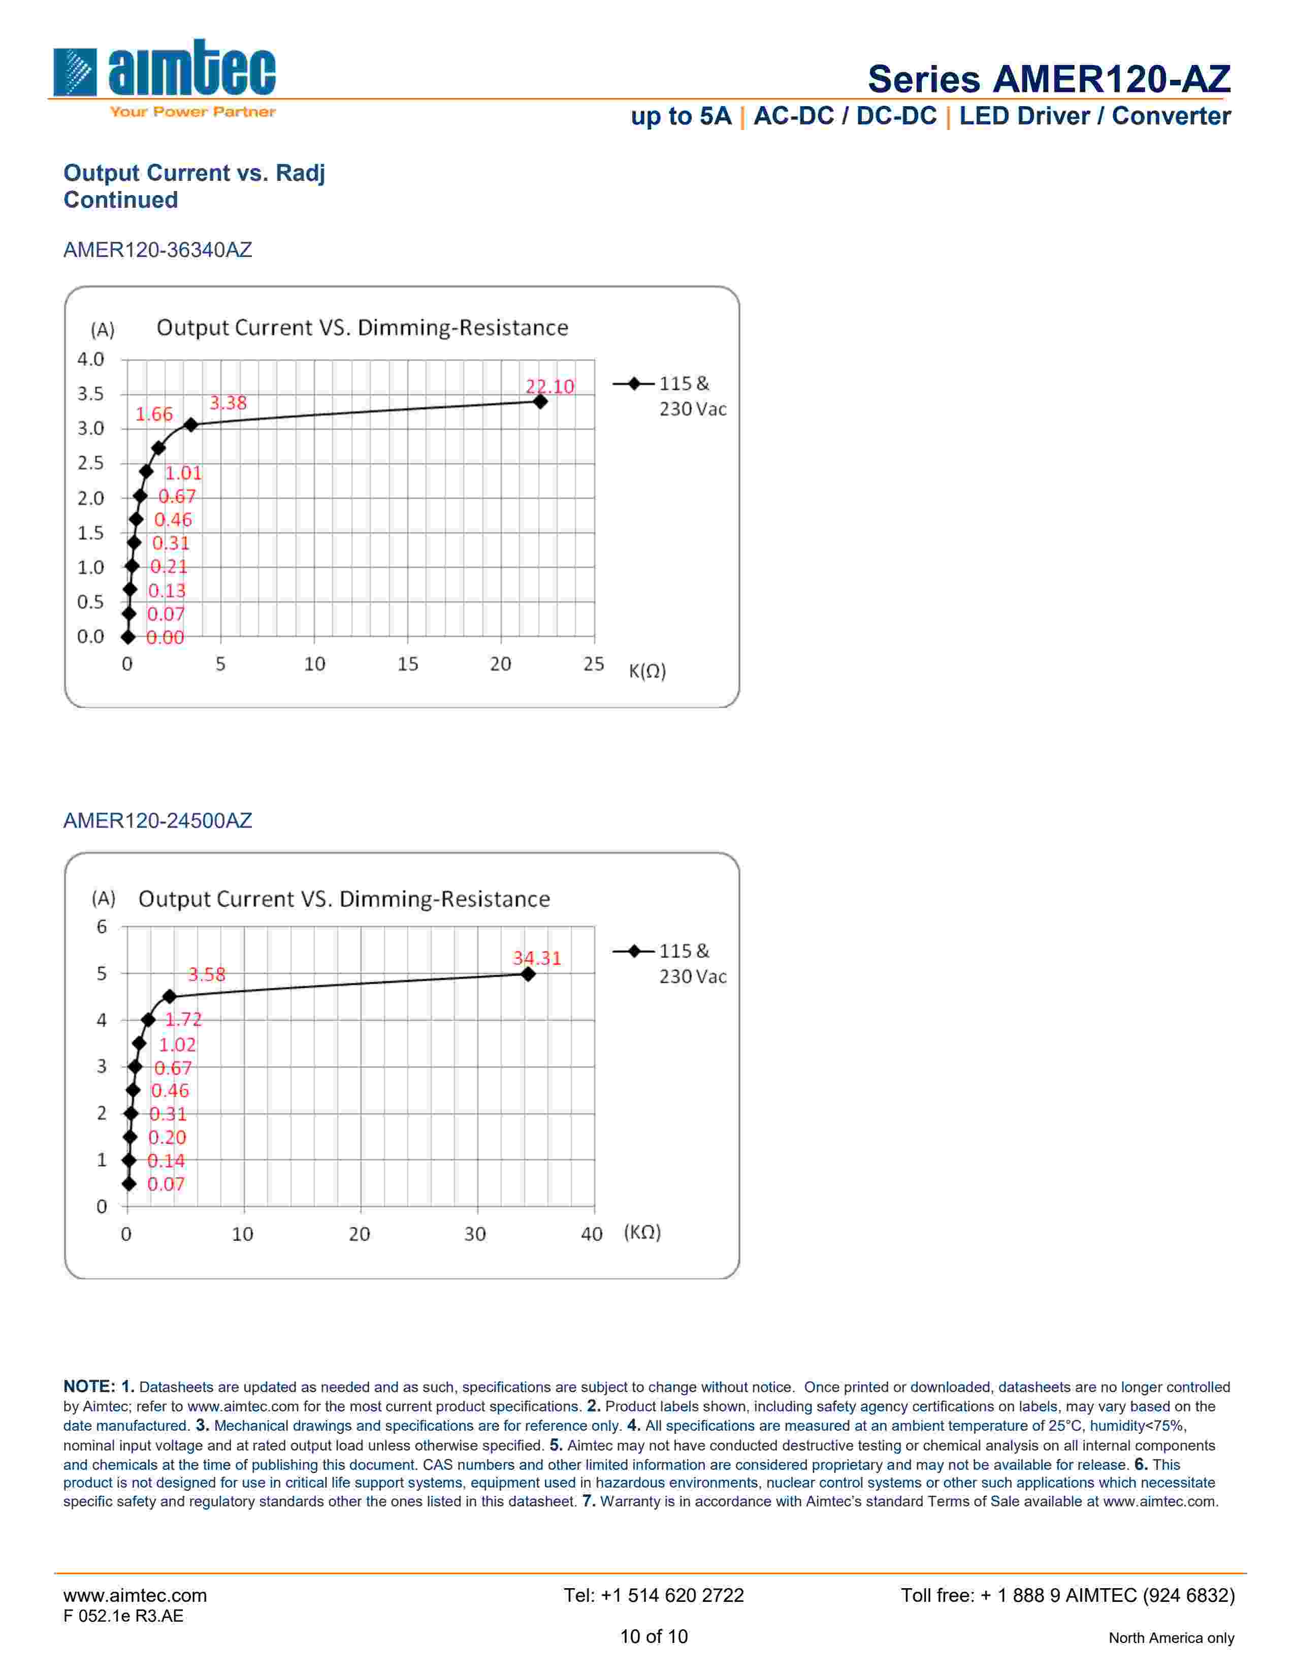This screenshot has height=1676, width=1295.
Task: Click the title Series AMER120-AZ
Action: point(1048,79)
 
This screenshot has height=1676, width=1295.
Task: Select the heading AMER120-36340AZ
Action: point(157,250)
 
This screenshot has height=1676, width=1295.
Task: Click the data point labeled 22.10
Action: point(540,401)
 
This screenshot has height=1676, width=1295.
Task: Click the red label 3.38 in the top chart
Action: point(228,403)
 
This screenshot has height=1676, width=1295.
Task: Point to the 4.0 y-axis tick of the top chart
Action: point(90,359)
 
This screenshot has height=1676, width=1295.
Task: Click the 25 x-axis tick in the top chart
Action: point(593,664)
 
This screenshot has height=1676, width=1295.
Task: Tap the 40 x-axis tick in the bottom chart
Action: point(592,1234)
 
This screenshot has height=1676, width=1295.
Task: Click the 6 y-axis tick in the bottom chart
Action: point(101,927)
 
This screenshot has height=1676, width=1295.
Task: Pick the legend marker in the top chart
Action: point(634,383)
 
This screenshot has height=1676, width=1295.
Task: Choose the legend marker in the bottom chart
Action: point(634,952)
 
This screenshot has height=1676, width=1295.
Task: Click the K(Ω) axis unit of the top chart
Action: point(646,671)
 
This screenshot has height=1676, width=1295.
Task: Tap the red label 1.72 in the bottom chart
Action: point(183,1019)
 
